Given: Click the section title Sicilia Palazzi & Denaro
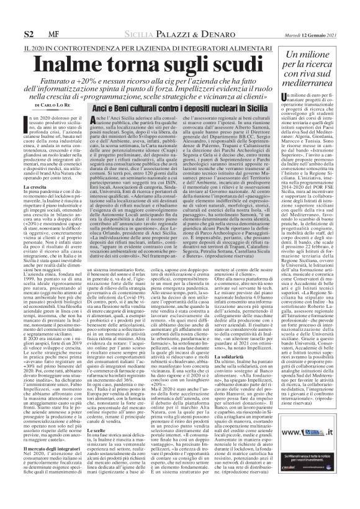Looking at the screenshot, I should click(172, 32).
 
